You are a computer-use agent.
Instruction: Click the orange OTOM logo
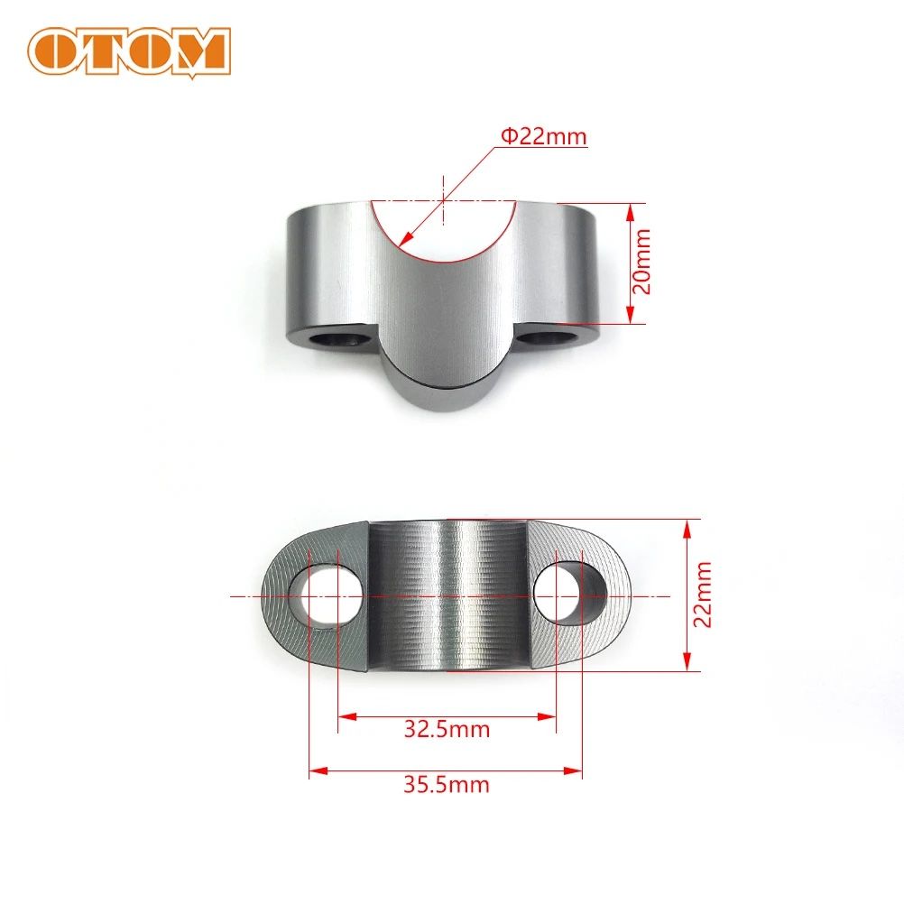point(129,52)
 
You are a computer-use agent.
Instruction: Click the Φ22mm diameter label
point(544,136)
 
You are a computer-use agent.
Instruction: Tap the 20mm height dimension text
point(641,261)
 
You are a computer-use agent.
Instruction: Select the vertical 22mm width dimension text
point(702,595)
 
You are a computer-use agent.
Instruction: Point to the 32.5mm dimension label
point(447,729)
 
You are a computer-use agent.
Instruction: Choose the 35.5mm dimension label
point(447,784)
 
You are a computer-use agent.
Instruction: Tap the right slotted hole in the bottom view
point(571,591)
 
